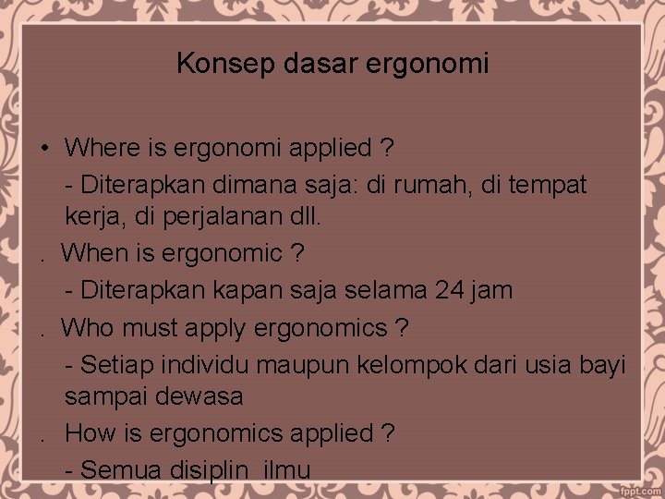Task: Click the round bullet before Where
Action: (x=43, y=148)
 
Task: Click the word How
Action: (x=91, y=432)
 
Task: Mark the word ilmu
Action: (x=286, y=469)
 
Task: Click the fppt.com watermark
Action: (x=636, y=485)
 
